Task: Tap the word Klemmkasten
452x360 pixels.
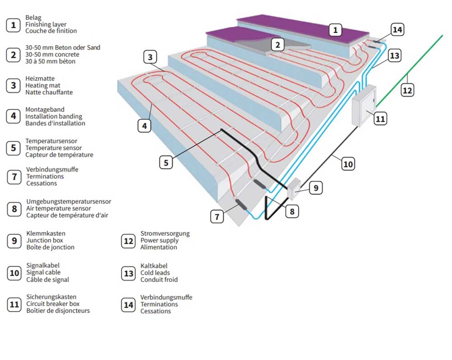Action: pyautogui.click(x=42, y=233)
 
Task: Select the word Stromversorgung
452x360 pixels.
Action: pyautogui.click(x=165, y=233)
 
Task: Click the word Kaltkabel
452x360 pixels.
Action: pyautogui.click(x=154, y=266)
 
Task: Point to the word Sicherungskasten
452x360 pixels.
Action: pyautogui.click(x=51, y=297)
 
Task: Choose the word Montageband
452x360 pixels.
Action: pyautogui.click(x=45, y=109)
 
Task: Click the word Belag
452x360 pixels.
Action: pyautogui.click(x=33, y=18)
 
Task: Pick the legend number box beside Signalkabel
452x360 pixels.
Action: pyautogui.click(x=14, y=273)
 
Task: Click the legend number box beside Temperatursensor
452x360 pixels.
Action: pyautogui.click(x=14, y=148)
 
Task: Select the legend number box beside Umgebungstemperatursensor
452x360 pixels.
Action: pyautogui.click(x=14, y=208)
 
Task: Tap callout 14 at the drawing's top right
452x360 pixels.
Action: pyautogui.click(x=397, y=30)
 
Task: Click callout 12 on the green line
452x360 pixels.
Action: pyautogui.click(x=407, y=90)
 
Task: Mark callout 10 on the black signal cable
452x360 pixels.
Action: pyautogui.click(x=348, y=164)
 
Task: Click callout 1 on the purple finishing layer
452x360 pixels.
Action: pyautogui.click(x=335, y=30)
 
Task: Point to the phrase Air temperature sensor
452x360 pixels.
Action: pyautogui.click(x=58, y=208)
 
